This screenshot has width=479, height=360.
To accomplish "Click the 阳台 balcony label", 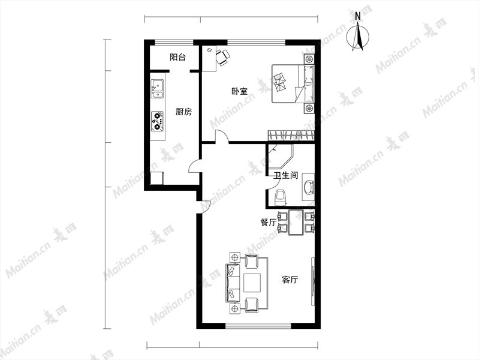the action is click(x=177, y=57).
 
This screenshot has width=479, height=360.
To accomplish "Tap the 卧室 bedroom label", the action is click(x=240, y=91).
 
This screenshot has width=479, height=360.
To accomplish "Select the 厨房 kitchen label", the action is click(x=184, y=112).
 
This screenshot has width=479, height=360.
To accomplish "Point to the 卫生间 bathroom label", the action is click(x=285, y=176).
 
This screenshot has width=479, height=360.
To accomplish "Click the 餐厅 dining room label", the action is click(x=268, y=223).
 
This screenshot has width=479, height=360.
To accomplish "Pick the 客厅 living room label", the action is click(x=290, y=280).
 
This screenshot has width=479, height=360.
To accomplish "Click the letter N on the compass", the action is click(x=358, y=17).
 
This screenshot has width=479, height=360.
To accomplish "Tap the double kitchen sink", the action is click(x=157, y=89).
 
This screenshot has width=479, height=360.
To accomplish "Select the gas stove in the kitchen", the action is click(x=157, y=121).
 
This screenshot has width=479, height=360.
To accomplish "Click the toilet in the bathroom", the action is click(x=281, y=197).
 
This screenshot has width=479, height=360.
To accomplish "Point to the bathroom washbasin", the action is click(x=308, y=187).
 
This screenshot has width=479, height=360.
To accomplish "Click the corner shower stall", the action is click(x=280, y=156).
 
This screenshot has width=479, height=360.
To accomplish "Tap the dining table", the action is click(x=296, y=222).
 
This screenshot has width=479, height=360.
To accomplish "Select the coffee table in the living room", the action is click(x=252, y=283).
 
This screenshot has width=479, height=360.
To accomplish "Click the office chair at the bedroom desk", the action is click(x=222, y=57).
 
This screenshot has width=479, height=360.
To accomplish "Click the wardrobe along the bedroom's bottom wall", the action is click(x=291, y=136).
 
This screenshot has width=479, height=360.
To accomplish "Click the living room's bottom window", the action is click(x=258, y=326).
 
